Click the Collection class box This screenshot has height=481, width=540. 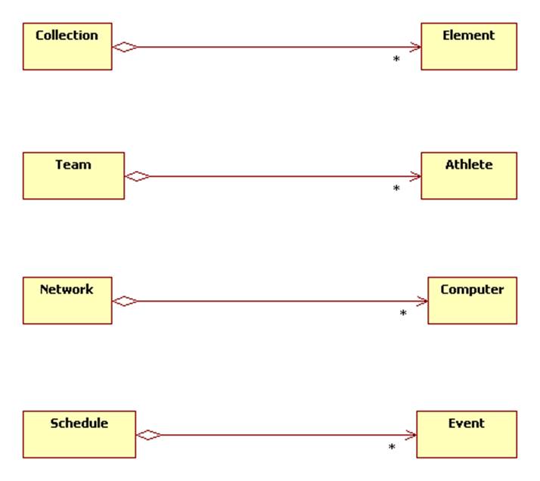tap(67, 46)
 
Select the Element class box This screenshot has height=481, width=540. tap(468, 46)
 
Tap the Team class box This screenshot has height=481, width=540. tap(73, 175)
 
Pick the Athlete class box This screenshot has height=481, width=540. tap(468, 175)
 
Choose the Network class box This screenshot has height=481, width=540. tap(67, 300)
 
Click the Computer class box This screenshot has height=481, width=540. tap(472, 300)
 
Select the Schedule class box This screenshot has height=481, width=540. tap(79, 434)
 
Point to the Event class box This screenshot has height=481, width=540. tap(466, 434)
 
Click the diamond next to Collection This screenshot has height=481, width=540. tap(125, 47)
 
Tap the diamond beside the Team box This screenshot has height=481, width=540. tap(137, 176)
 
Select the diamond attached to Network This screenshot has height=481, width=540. tap(125, 301)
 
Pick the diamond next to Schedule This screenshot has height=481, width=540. tap(148, 435)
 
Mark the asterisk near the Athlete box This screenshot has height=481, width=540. tap(396, 189)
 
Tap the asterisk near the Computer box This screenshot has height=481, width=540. tap(403, 314)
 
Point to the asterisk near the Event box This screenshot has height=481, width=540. tap(392, 448)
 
